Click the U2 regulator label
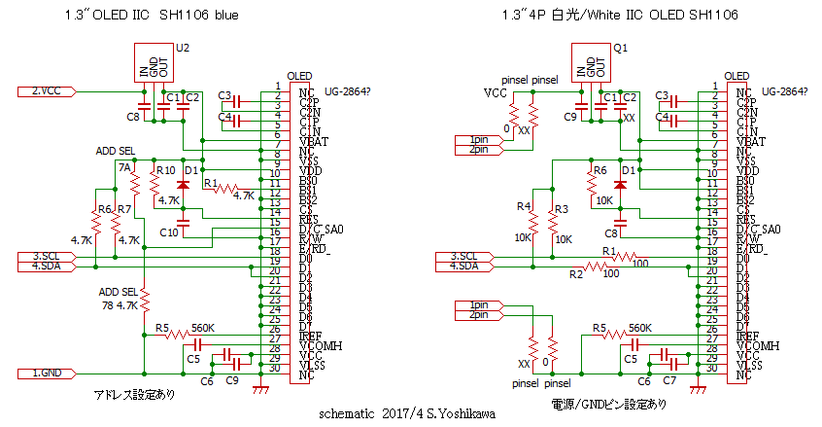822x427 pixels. coord(183,47)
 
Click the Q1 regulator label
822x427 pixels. coord(621,47)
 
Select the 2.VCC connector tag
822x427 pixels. coord(49,91)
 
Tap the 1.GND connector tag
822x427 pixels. coord(49,373)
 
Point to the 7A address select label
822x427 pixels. coord(123,167)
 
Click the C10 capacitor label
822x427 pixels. coord(169,232)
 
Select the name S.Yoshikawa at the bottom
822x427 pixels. coord(462,412)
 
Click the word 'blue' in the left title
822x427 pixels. coord(223,17)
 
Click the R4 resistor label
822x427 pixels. coord(524,206)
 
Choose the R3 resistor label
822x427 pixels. coord(561,209)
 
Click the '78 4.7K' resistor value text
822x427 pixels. coord(120,304)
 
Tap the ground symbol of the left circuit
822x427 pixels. coord(259,388)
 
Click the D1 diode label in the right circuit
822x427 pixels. coord(629,170)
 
